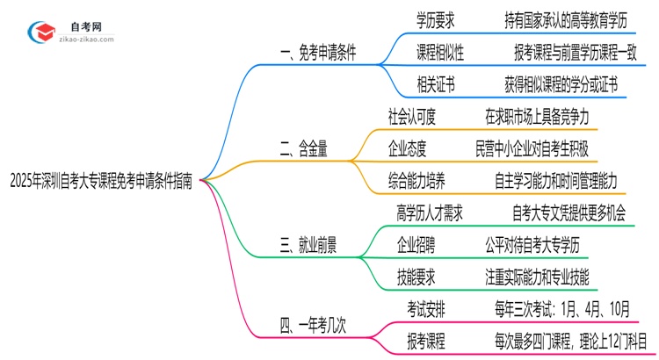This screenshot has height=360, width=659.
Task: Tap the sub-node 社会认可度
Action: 412,117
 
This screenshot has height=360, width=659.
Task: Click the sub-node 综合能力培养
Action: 416,182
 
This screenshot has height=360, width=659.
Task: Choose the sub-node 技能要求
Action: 417,278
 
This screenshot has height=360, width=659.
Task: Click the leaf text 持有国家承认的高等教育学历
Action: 555,18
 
